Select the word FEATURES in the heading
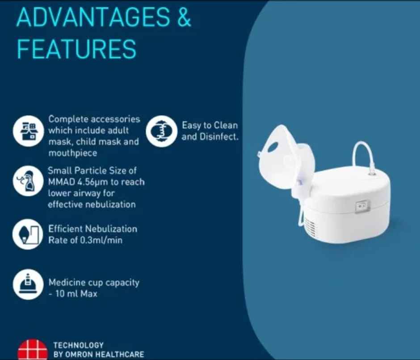coord(76,49)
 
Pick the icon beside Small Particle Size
coord(28,181)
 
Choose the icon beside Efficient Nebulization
coord(28,234)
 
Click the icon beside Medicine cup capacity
coord(28,284)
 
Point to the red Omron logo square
coord(32,350)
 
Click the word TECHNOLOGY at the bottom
coord(78,345)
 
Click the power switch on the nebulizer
coord(362,205)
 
